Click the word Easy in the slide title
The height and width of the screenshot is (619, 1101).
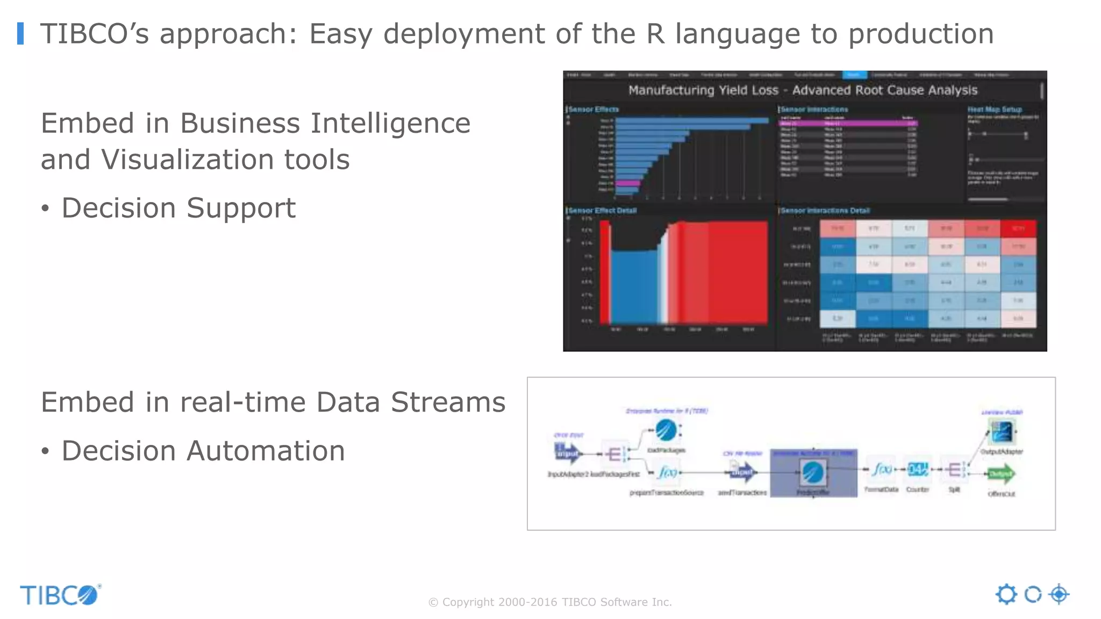coord(340,34)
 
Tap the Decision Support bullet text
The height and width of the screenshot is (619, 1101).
coord(178,208)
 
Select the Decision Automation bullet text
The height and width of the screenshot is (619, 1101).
coord(203,451)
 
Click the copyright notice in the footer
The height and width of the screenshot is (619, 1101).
coord(550,602)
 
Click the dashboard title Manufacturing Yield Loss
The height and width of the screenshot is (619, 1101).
coord(703,90)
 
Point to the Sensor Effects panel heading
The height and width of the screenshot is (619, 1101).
coord(594,110)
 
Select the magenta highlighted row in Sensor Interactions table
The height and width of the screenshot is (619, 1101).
coord(848,123)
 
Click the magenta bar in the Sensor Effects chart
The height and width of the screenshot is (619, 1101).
coord(627,184)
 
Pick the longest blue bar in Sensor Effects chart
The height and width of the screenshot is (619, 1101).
coord(692,120)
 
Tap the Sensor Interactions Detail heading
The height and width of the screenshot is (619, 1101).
coord(825,211)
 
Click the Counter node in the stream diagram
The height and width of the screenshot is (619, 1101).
coord(917,470)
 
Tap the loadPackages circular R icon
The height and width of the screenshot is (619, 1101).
coord(666,430)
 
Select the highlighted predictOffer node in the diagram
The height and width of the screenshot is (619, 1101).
coord(813,473)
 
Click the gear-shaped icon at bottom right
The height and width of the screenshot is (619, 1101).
coord(1006,594)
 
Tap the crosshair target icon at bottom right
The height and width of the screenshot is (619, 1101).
coord(1059,594)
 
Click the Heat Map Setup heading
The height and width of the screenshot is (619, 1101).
coord(995,110)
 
